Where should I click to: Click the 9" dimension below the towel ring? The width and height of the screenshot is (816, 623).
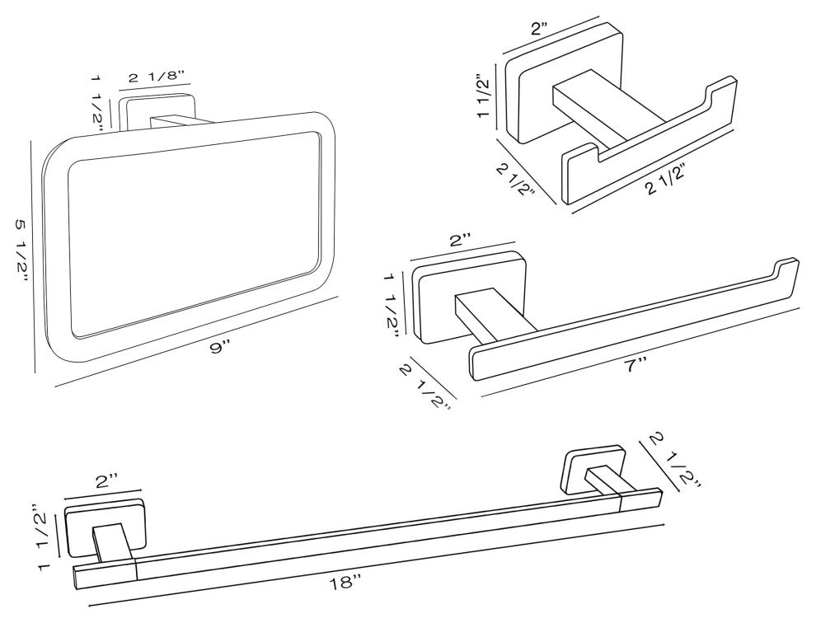218,348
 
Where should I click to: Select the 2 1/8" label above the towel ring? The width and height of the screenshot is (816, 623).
157,78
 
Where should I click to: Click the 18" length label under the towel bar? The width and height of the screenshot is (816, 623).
345,583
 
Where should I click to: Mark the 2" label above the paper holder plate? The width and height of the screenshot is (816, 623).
460,240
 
